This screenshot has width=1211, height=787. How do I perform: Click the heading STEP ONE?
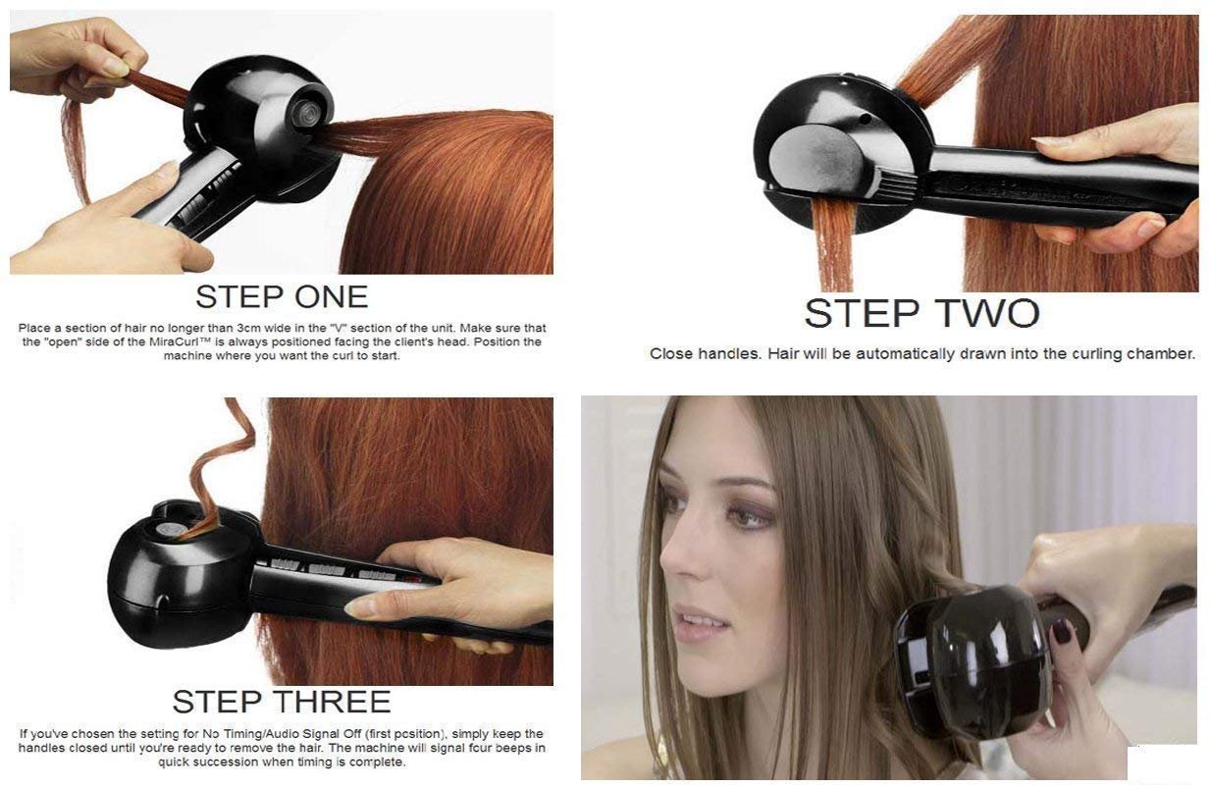tap(282, 296)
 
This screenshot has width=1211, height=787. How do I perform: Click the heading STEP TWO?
tap(921, 313)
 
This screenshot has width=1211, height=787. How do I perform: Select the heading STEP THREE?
tap(282, 701)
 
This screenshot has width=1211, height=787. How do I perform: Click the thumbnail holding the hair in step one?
tap(116, 66)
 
